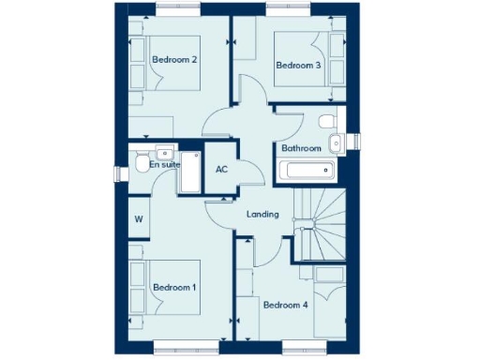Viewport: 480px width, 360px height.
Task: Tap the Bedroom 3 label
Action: pos(298,65)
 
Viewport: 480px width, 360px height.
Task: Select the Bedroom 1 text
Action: pos(174,286)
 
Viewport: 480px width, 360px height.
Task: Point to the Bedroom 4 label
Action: pos(285,305)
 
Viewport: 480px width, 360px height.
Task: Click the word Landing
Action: pos(262,215)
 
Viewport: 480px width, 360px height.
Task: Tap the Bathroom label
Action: pos(301,148)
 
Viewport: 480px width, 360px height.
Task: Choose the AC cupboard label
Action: pos(222,170)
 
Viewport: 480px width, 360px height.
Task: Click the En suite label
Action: pos(165,165)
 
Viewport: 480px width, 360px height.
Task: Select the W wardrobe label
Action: pos(139,220)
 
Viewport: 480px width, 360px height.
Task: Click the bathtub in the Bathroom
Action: pos(307,172)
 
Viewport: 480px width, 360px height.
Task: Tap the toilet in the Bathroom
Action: pos(325,124)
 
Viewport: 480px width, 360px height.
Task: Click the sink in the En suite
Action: pos(164,151)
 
